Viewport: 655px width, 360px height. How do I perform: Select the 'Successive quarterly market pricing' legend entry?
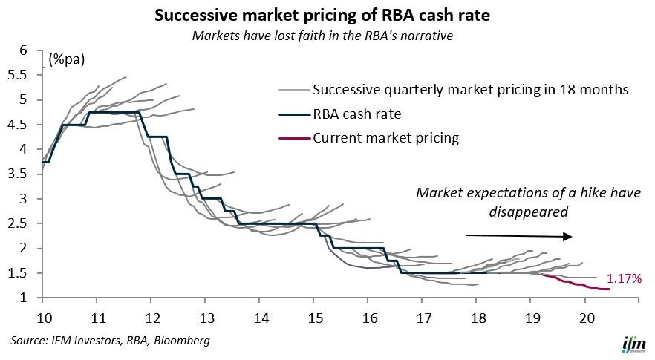point(471,90)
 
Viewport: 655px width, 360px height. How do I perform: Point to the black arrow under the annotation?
point(519,237)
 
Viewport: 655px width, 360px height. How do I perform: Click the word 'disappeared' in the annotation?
point(527,212)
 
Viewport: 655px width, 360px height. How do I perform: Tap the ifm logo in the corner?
point(630,344)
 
